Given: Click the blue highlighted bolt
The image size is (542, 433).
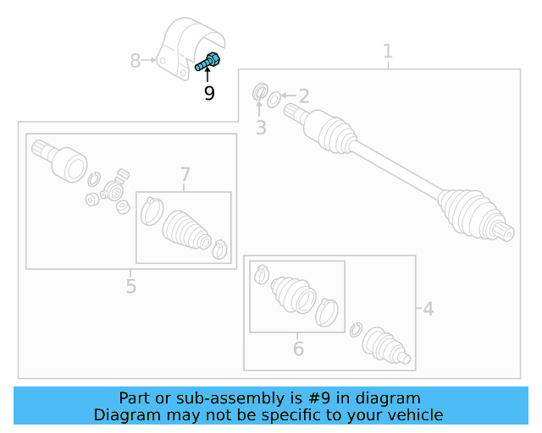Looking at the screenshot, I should click(208, 62).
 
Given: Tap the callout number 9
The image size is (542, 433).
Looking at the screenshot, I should click(209, 93).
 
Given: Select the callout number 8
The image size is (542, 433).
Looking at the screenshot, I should click(135, 61).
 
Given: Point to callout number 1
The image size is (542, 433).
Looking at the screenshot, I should click(388, 52).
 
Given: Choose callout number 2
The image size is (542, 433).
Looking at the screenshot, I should click(303, 96).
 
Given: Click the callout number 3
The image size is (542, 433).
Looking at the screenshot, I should click(261, 128).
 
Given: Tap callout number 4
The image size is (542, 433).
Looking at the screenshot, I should click(428, 310).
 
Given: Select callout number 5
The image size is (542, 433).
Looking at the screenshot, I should click(130, 286).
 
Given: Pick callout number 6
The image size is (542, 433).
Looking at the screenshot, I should click(298, 348).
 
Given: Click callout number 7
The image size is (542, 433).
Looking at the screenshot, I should click(185, 175).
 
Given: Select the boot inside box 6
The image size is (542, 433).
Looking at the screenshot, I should click(293, 293).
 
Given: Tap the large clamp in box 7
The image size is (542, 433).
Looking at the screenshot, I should click(152, 210).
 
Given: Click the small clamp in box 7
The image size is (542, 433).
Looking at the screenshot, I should click(219, 248).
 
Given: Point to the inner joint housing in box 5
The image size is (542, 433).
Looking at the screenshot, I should click(65, 160).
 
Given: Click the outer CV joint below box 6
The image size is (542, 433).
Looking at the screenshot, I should click(388, 348).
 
